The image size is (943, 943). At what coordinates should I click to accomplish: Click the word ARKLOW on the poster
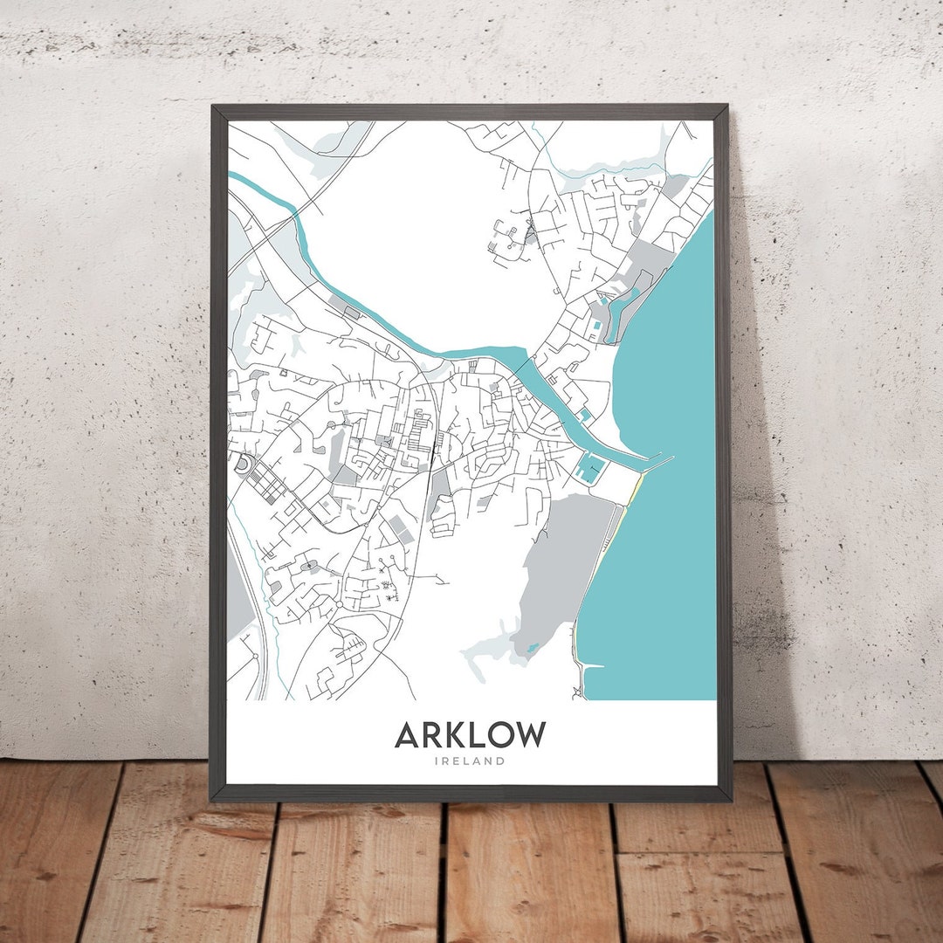(470, 734)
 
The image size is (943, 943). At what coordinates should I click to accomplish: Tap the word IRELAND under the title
(470, 761)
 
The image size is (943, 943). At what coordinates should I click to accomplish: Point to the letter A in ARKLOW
(407, 734)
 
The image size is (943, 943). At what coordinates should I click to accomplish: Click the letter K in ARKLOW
(451, 734)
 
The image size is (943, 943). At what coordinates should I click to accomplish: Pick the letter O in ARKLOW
(497, 734)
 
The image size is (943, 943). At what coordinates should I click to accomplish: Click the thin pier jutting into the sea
(658, 459)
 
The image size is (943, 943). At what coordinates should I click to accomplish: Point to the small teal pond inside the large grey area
(530, 649)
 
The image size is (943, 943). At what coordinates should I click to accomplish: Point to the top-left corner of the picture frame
(212, 107)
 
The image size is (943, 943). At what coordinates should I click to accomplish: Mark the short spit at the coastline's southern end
(591, 668)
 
